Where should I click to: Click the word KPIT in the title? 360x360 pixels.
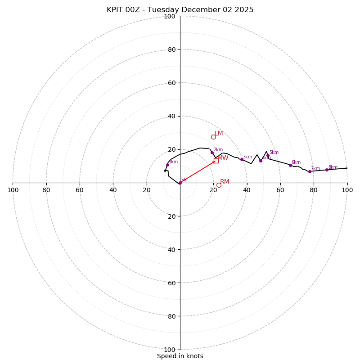[116, 10]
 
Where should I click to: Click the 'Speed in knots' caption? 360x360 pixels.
[180, 356]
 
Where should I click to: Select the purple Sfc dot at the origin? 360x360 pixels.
[180, 183]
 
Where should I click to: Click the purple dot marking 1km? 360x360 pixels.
[167, 165]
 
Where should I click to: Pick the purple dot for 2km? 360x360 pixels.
[212, 153]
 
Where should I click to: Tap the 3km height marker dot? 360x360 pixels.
[242, 159]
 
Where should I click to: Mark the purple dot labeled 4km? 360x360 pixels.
[261, 161]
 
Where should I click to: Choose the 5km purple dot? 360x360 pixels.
[268, 155]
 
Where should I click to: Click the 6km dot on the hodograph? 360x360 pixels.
[290, 165]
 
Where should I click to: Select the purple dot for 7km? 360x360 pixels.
[310, 171]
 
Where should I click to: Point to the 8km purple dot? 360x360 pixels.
[327, 170]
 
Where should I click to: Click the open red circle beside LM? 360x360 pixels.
[213, 137]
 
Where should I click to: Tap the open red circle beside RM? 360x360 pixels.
[219, 185]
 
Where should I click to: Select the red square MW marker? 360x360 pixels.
[216, 161]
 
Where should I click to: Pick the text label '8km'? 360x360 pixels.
[333, 167]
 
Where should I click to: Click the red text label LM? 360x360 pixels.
[219, 133]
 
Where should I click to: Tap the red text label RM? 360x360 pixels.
[225, 181]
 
